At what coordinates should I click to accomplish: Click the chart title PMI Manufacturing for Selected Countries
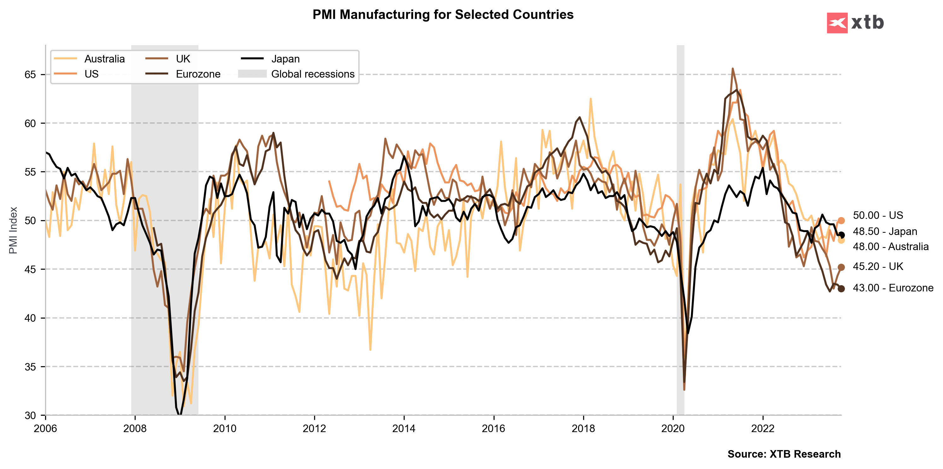point(442,15)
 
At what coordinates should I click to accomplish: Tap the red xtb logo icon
point(837,23)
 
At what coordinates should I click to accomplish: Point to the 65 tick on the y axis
point(30,75)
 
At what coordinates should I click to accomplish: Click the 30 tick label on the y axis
point(30,416)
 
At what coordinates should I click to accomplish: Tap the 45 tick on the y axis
point(30,269)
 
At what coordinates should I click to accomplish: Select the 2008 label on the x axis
point(135,428)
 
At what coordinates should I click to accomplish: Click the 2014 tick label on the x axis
point(404,428)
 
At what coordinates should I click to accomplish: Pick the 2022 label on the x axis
point(763,428)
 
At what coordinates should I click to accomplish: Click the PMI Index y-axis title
point(13,230)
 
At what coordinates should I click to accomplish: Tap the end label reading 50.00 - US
point(878,215)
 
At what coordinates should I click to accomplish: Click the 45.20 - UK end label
point(878,267)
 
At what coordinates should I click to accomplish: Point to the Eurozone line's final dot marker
point(841,289)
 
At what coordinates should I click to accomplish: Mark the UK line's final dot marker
point(841,267)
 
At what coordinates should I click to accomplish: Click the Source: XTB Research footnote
point(784,454)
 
